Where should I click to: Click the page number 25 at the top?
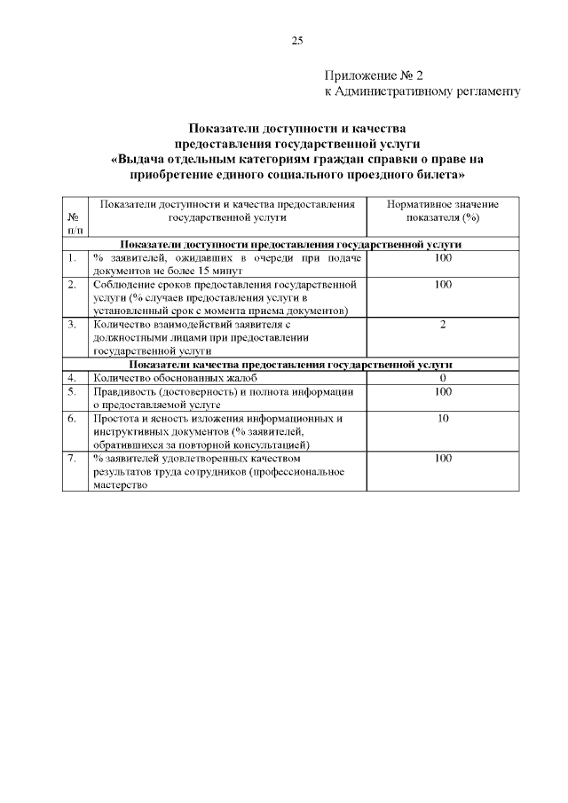(297, 40)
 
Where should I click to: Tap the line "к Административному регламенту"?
(420, 91)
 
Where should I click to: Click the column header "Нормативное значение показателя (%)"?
(442, 210)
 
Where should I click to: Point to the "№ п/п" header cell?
(75, 224)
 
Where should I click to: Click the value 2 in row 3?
(443, 325)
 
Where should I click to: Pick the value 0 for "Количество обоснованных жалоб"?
(443, 378)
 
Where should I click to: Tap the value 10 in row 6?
(443, 418)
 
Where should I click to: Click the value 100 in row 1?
(443, 257)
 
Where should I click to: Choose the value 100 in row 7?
(443, 458)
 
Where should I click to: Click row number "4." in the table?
(71, 378)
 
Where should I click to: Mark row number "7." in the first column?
(71, 458)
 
